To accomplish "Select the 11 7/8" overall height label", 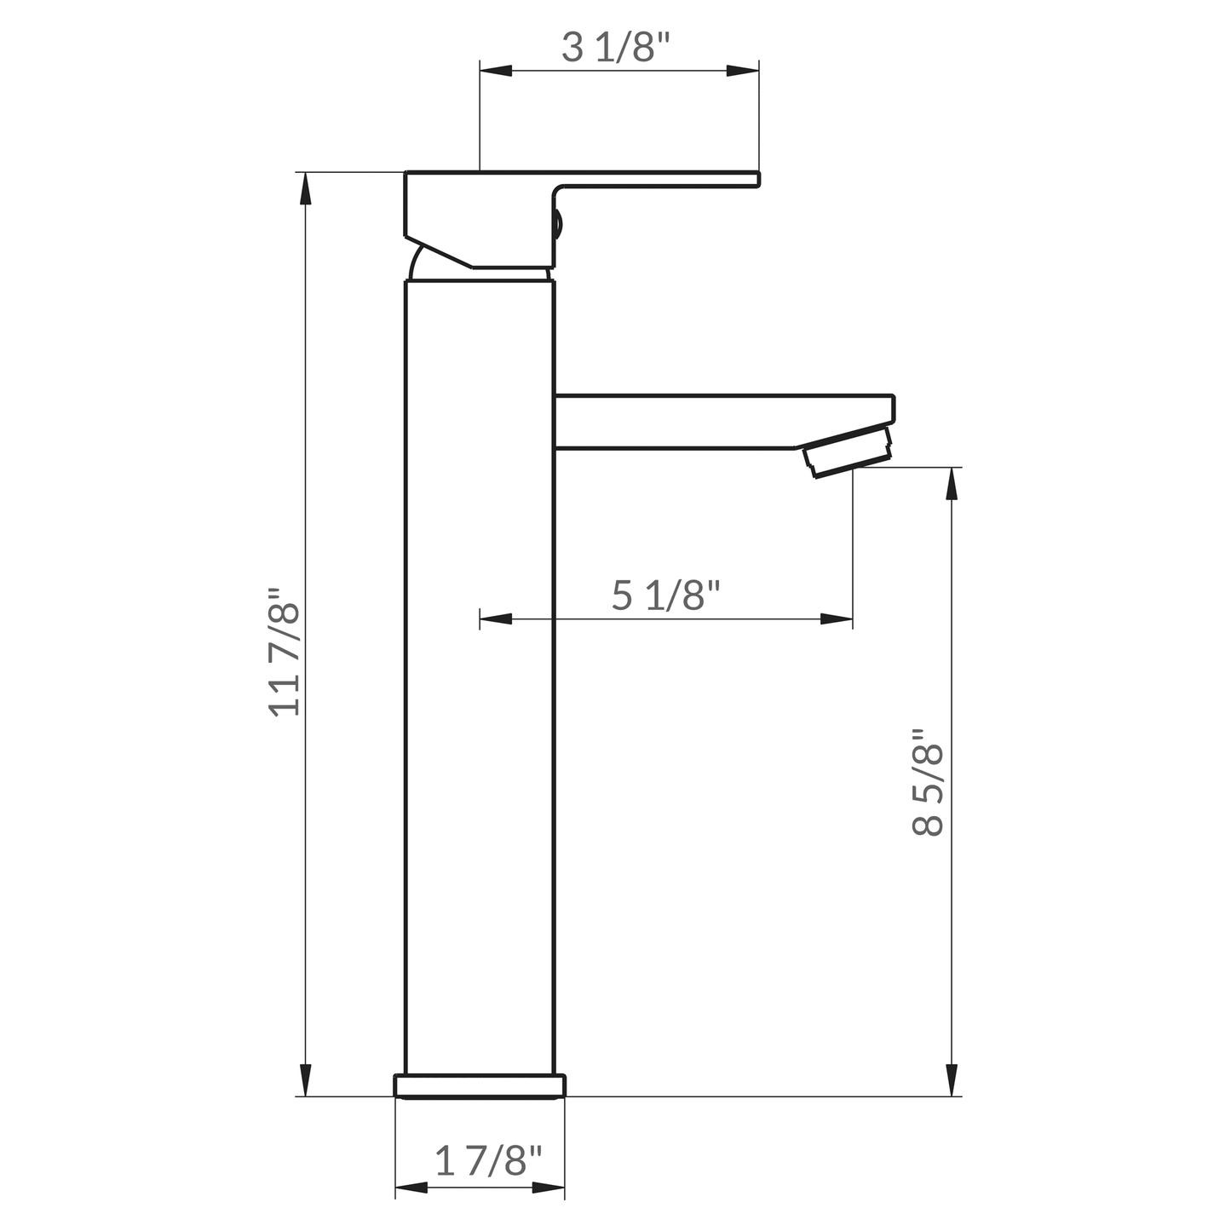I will click(285, 652).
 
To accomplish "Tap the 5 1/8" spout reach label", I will click(666, 595).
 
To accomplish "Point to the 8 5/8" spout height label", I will click(928, 782).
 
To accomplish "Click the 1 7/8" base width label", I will click(488, 1160).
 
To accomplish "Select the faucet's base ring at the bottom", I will click(480, 1086).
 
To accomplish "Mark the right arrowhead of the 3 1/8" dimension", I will click(742, 71).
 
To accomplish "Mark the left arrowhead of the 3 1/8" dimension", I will click(497, 71).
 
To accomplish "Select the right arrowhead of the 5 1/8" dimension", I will click(836, 618).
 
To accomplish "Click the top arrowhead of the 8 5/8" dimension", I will click(951, 484).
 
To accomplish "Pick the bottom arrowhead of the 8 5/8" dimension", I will click(951, 1079).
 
